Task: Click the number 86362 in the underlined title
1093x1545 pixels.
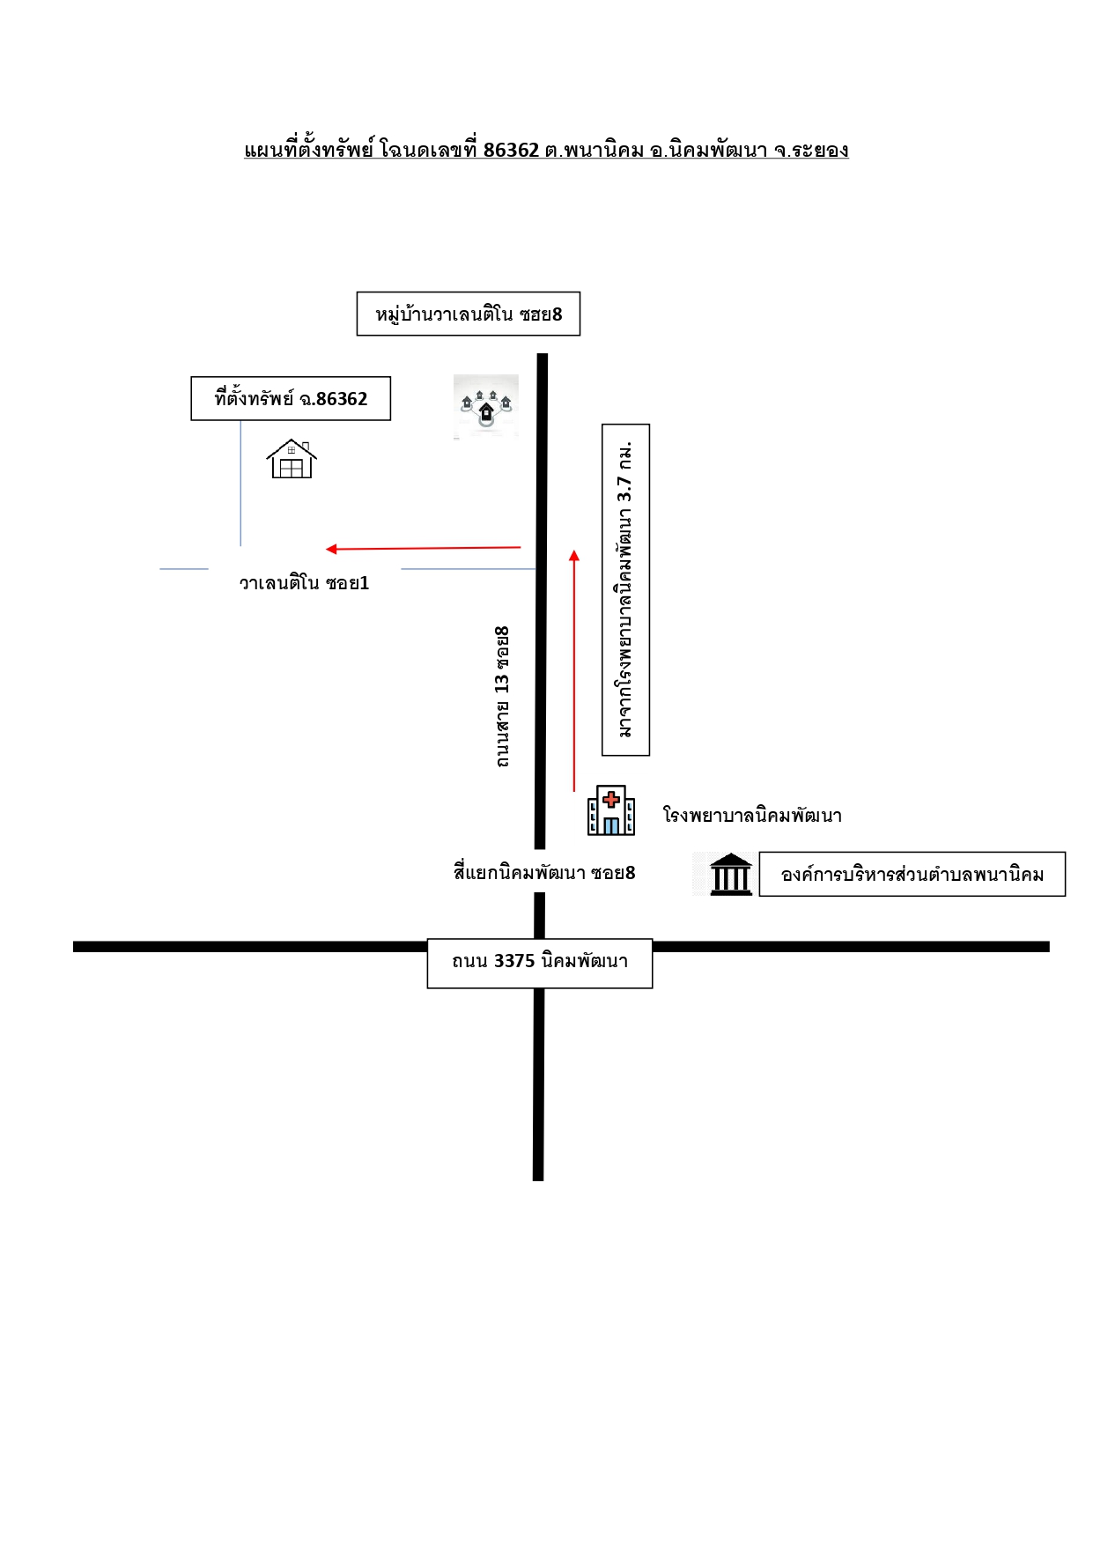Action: coord(511,150)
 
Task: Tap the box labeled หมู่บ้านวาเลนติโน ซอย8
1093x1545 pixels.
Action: coord(469,314)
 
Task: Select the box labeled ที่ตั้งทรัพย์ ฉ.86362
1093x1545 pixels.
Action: coord(291,398)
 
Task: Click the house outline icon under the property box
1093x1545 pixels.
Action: coord(292,459)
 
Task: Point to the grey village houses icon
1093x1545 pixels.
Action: coord(486,406)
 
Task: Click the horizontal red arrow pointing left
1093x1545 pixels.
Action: coord(424,548)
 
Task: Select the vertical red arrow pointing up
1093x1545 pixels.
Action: coord(574,670)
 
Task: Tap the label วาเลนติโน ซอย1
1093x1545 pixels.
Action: coord(304,582)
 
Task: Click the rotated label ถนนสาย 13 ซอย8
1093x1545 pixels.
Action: coord(502,696)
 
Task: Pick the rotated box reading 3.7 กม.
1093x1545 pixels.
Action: coord(625,590)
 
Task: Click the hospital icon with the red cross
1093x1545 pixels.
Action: coord(611,810)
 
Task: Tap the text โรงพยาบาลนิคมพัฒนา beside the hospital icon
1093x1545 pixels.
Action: coord(752,816)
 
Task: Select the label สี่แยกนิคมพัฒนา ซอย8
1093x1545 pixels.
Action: coord(544,872)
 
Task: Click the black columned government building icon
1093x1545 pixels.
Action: coord(731,874)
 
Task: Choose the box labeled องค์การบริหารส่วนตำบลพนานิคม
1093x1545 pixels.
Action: coord(912,874)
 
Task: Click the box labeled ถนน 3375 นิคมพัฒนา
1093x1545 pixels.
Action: coord(540,964)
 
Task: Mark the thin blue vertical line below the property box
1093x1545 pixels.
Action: coord(240,483)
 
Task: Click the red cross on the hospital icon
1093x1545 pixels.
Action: coord(611,800)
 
